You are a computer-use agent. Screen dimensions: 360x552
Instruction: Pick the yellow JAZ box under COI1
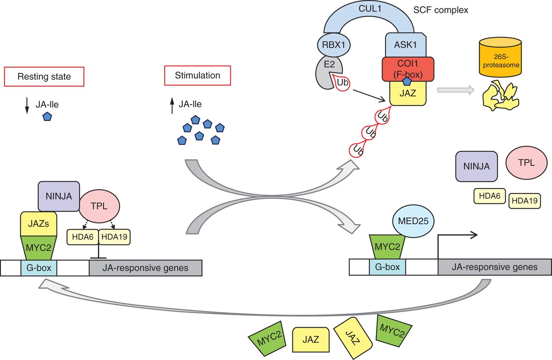(408, 92)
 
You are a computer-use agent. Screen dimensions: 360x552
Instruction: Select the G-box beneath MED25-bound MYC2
(387, 267)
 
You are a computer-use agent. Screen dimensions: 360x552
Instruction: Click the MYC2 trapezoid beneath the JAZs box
(39, 248)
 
